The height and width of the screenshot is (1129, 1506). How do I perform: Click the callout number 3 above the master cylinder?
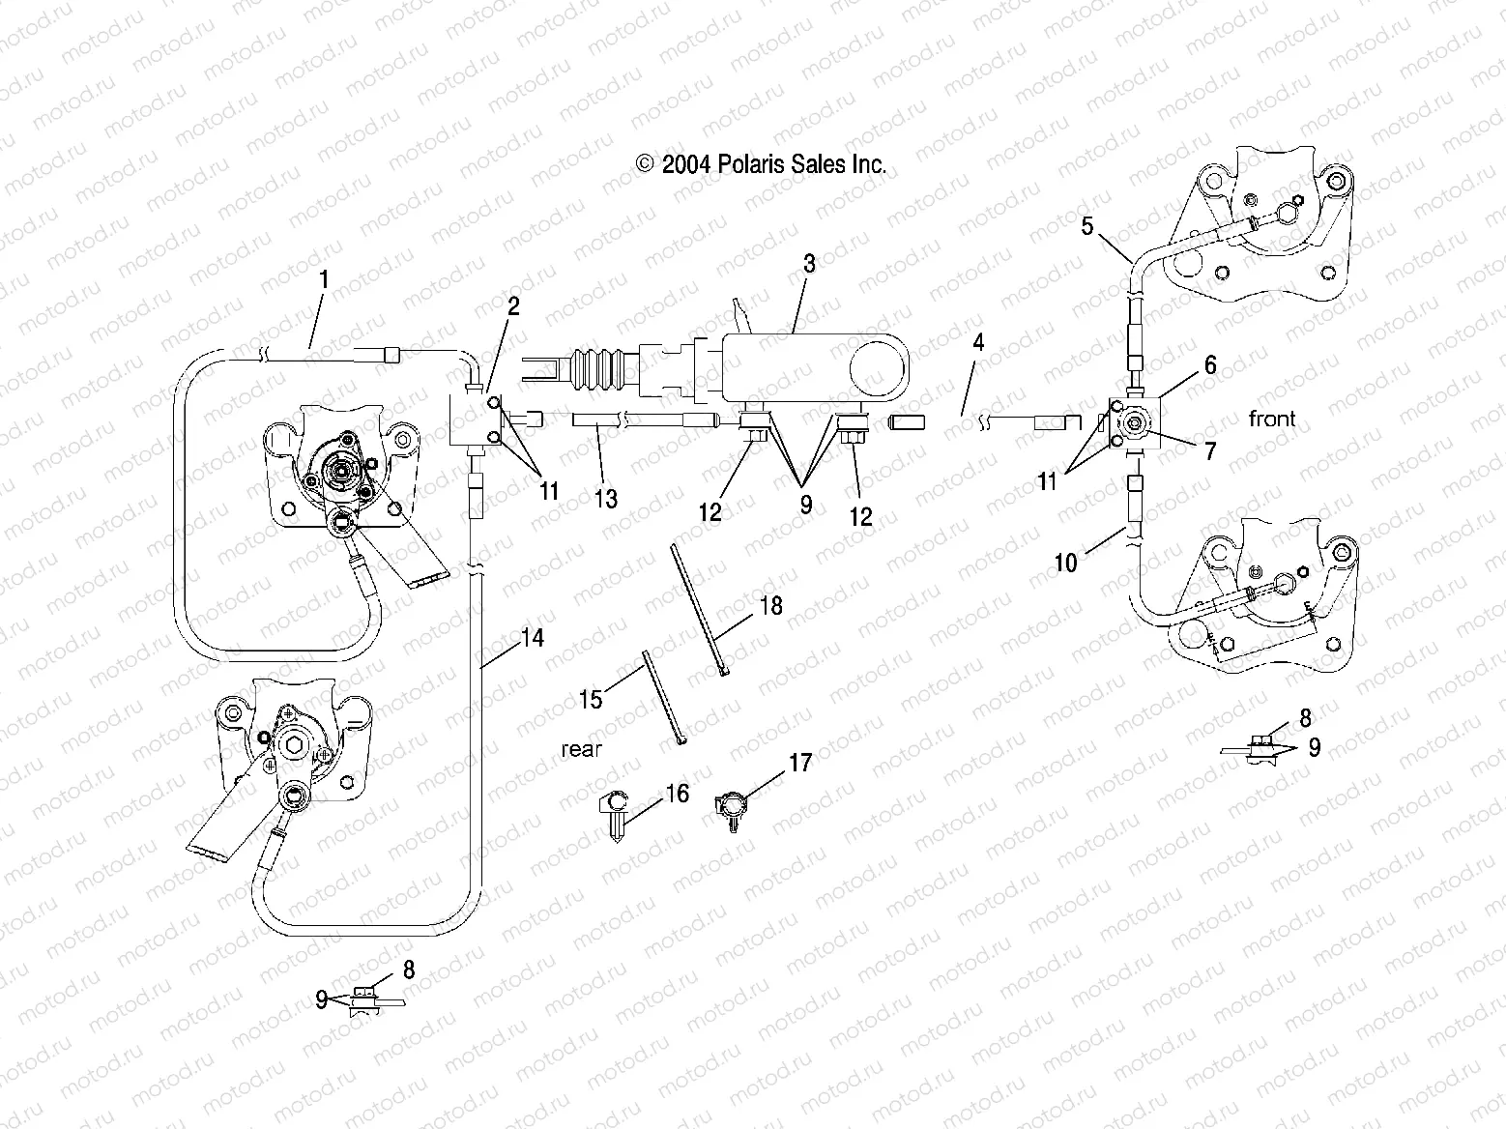point(809,263)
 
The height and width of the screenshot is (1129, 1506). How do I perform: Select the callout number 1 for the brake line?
point(324,280)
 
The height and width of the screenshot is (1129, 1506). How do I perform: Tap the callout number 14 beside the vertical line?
point(533,638)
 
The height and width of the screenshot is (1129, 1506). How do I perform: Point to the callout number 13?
point(606,499)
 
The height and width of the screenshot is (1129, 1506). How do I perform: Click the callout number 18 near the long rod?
point(771,606)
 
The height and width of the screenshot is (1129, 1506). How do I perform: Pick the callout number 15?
point(591,698)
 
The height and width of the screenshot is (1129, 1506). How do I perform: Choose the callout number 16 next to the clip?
point(678,794)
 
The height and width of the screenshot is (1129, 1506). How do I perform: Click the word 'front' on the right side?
point(1272,419)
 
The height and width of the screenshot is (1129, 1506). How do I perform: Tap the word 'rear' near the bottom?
point(581,749)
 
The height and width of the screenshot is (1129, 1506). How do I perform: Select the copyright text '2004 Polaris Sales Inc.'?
point(760,165)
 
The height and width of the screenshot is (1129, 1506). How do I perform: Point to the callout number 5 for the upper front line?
point(1087,226)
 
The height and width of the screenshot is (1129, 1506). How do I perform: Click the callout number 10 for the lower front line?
point(1065,563)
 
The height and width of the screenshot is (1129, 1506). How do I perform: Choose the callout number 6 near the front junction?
point(1210,365)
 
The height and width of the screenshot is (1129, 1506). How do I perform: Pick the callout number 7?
point(1210,450)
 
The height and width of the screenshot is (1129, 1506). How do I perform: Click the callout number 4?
point(978,341)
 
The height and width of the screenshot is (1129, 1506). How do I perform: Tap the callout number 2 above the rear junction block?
point(513,307)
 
